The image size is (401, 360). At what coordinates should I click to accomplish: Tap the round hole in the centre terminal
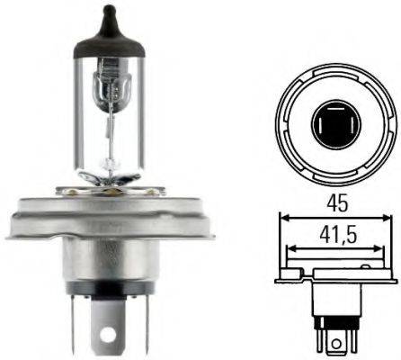coord(110,343)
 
